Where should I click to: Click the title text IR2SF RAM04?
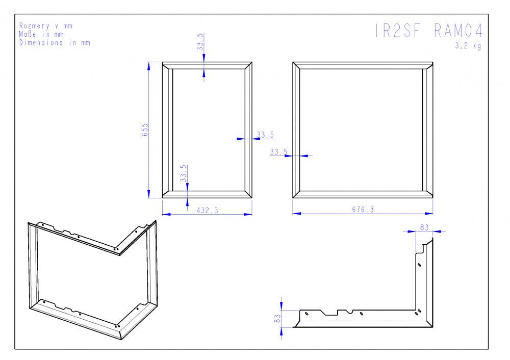click(429, 31)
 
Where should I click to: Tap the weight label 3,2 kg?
click(468, 45)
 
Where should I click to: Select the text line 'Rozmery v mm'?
click(46, 25)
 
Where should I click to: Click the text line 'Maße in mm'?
click(41, 34)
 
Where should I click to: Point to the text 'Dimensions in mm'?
click(55, 43)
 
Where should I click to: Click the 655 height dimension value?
click(145, 130)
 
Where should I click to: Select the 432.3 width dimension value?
click(207, 211)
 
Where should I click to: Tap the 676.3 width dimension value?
click(363, 210)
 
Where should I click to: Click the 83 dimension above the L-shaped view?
click(424, 227)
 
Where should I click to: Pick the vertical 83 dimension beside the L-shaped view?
click(277, 318)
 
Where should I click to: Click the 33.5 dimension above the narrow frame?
click(200, 42)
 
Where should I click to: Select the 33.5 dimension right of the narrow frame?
click(265, 135)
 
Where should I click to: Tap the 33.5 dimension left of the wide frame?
click(279, 152)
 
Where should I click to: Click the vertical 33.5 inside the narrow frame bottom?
click(184, 173)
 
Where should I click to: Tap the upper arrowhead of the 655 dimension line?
click(148, 66)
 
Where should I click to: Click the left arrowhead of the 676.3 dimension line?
click(297, 214)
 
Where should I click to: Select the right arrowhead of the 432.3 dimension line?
click(248, 214)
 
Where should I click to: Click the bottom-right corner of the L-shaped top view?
click(432, 327)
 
